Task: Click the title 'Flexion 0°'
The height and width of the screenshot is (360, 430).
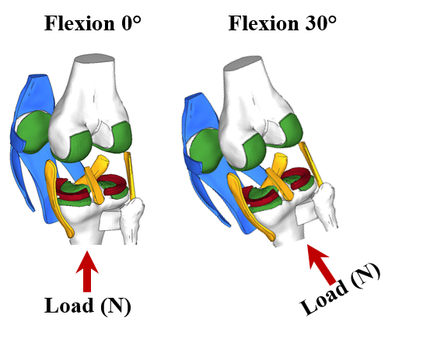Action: [93, 23]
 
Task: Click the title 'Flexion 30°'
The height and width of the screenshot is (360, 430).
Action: [282, 23]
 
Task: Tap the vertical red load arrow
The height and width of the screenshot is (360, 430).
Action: [87, 271]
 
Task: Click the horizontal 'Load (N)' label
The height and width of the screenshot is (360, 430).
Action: [88, 306]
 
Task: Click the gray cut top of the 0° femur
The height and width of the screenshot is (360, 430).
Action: [95, 58]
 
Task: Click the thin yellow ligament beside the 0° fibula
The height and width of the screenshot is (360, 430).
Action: [129, 176]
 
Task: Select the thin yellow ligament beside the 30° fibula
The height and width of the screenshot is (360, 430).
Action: [310, 163]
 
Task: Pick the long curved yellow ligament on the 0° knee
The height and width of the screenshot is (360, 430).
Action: [58, 197]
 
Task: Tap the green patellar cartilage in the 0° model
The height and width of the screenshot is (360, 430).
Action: [34, 131]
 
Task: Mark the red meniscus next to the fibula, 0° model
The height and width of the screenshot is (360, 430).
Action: [113, 185]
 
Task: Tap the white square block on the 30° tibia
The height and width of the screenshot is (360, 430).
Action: [306, 212]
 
